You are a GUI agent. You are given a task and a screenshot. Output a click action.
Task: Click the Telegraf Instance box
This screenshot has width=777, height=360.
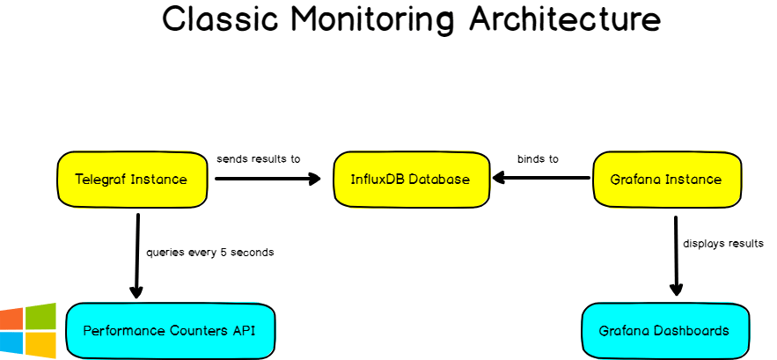(x=131, y=180)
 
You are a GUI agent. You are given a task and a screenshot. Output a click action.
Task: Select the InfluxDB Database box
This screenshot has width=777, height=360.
(x=411, y=180)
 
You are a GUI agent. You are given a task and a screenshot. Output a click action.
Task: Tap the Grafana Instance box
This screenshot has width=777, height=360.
(x=665, y=180)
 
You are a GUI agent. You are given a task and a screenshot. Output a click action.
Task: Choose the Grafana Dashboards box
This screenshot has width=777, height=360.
(x=664, y=331)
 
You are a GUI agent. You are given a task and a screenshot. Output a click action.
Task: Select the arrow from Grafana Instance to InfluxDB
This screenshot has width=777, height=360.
(x=541, y=179)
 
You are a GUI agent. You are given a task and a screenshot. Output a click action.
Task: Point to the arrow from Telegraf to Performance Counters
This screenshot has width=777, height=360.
(x=137, y=255)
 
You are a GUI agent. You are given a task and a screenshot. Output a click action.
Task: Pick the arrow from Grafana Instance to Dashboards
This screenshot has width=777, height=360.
(x=676, y=255)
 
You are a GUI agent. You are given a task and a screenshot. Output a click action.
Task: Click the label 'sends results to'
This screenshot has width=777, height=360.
(x=258, y=159)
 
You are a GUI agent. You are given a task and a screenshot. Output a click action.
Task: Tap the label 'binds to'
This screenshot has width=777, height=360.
(x=538, y=159)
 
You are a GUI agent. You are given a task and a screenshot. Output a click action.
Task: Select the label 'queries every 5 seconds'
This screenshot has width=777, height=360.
(x=209, y=252)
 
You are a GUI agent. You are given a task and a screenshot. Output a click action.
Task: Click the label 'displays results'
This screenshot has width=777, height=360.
(x=723, y=244)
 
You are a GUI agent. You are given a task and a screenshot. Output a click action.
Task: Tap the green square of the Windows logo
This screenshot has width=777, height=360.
(x=40, y=317)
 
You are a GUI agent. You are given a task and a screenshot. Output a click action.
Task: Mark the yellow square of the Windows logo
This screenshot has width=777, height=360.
(x=40, y=344)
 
